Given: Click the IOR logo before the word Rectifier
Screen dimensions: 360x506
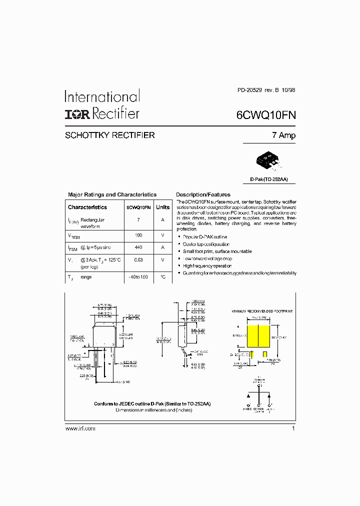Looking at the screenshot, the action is pyautogui.click(x=77, y=114).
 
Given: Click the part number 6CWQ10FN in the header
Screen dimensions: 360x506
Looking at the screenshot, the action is pyautogui.click(x=266, y=115).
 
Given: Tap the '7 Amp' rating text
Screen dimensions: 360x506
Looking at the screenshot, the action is pyautogui.click(x=283, y=135).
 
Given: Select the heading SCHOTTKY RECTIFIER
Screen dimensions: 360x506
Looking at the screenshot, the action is pyautogui.click(x=110, y=135).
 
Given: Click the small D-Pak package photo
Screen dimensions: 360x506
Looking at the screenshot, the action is pyautogui.click(x=268, y=160).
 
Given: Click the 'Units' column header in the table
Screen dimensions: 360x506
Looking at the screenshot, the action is pyautogui.click(x=162, y=207).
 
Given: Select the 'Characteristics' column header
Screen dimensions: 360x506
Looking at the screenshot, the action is pyautogui.click(x=87, y=207).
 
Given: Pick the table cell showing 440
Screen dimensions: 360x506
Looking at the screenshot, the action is pyautogui.click(x=138, y=247).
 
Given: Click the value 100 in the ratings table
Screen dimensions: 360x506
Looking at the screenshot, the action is pyautogui.click(x=138, y=235).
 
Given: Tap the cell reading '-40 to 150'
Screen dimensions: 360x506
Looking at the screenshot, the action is pyautogui.click(x=138, y=277).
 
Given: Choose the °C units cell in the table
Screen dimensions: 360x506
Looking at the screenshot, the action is pyautogui.click(x=162, y=277).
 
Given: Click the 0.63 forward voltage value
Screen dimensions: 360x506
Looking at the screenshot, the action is pyautogui.click(x=138, y=260).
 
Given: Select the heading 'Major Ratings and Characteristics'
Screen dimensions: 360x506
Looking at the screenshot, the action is pyautogui.click(x=112, y=194).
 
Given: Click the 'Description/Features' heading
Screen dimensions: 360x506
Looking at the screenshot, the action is pyautogui.click(x=203, y=194).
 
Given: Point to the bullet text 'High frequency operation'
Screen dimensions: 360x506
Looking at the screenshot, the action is pyautogui.click(x=207, y=266).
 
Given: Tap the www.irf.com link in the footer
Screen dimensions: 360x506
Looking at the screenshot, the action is pyautogui.click(x=80, y=428).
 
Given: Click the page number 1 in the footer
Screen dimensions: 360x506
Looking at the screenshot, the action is pyautogui.click(x=293, y=428).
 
